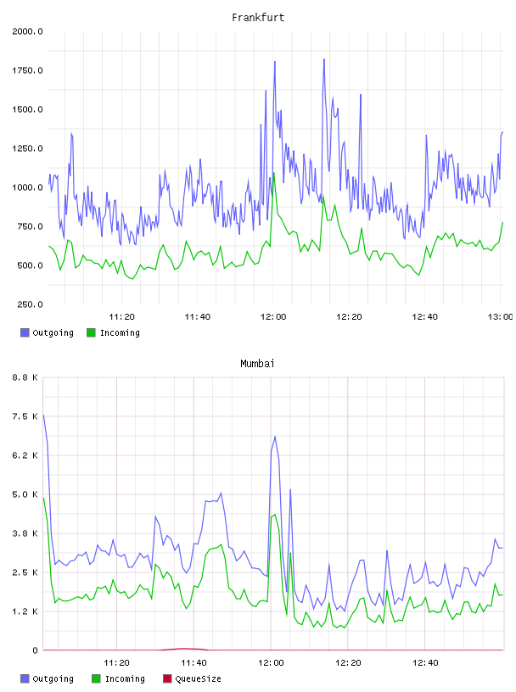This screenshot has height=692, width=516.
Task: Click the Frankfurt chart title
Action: tap(258, 18)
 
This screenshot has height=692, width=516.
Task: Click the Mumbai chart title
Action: tap(257, 364)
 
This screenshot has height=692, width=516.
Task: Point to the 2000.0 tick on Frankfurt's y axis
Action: tap(27, 31)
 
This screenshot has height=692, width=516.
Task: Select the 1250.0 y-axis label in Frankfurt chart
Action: tap(27, 148)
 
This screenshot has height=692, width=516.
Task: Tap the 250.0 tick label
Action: tap(30, 304)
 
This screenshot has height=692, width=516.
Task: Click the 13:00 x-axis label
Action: tap(500, 317)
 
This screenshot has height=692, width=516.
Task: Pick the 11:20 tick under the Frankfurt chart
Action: tap(121, 317)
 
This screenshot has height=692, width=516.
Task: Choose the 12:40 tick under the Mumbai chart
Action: tap(425, 663)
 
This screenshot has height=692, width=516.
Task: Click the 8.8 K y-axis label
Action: tap(25, 377)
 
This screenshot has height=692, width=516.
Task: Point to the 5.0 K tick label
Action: tap(25, 494)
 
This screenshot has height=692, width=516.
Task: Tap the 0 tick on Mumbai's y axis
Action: tap(36, 650)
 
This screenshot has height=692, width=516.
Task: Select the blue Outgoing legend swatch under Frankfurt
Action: tap(25, 332)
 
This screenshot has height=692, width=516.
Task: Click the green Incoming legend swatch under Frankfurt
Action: tap(91, 332)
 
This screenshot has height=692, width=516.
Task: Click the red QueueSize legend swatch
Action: tap(167, 678)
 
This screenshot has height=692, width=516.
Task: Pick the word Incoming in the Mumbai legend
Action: tap(125, 679)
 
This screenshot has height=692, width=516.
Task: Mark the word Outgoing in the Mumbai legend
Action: tap(53, 679)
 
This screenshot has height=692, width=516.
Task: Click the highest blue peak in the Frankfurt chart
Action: tap(324, 59)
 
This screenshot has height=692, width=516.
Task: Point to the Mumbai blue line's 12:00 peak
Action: tap(275, 437)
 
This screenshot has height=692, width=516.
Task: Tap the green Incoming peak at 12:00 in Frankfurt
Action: tap(274, 173)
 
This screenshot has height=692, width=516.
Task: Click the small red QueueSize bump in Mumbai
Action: tap(184, 648)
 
